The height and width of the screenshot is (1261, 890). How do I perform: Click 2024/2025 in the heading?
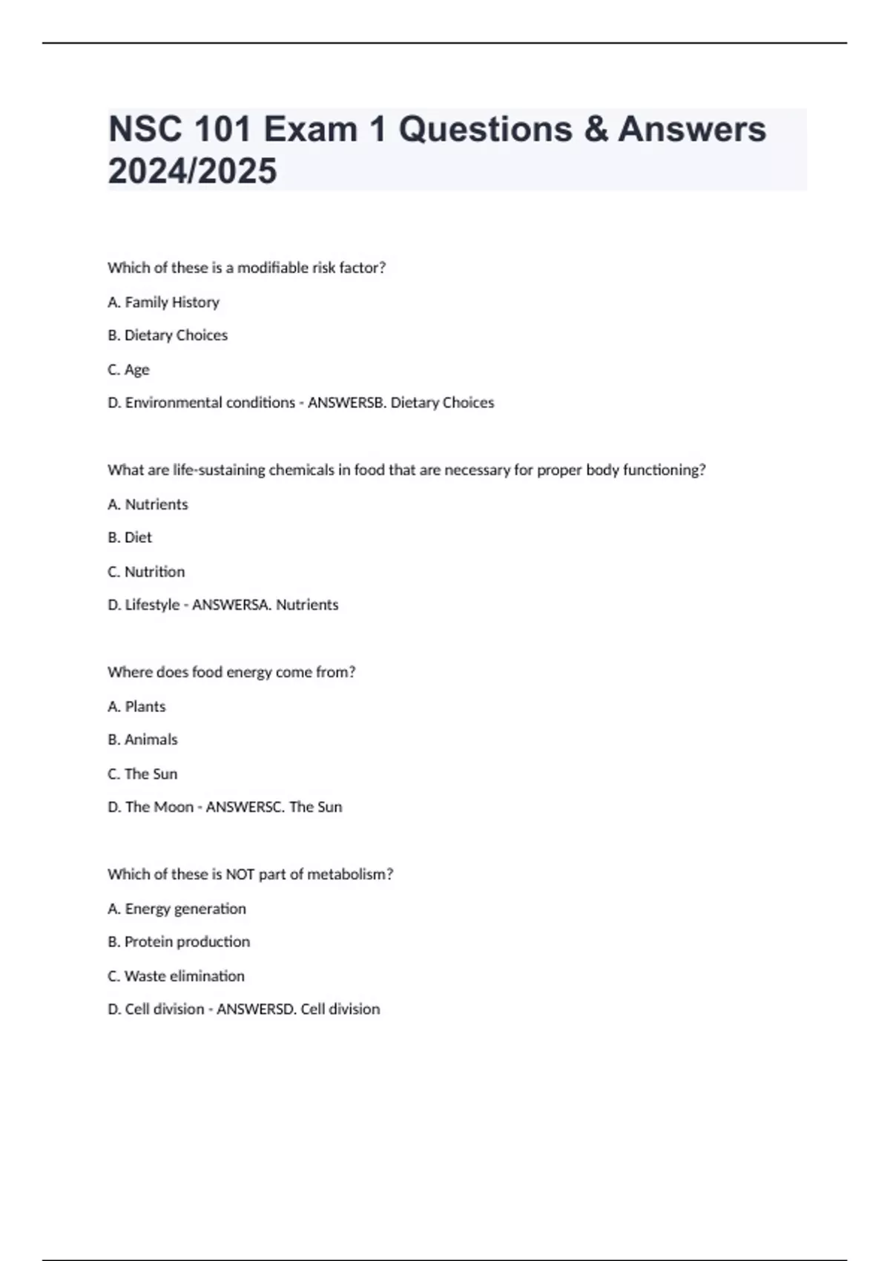coord(192,171)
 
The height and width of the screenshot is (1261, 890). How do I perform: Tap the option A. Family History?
coord(163,302)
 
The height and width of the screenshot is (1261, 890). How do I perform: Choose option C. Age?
coord(128,369)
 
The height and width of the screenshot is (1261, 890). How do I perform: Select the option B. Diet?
coord(130,537)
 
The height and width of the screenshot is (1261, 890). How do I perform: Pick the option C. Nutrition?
coord(146,571)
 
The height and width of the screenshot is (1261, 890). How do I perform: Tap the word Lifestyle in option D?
coord(152,605)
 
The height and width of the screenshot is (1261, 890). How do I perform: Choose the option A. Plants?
coord(136,706)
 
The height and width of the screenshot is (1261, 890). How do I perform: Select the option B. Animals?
coord(142,740)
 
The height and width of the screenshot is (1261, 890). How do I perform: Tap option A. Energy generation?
coord(177,909)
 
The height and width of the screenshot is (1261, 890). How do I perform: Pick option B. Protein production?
coord(179,942)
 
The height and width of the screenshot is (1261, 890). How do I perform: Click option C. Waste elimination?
coord(176,976)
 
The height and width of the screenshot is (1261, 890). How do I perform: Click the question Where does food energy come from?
coord(231,672)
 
